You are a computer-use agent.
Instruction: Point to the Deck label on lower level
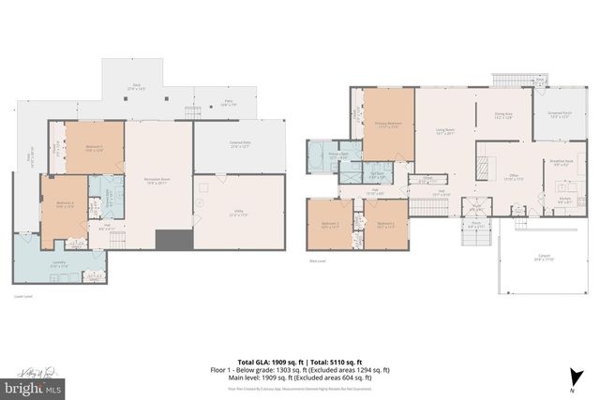(x=136, y=85)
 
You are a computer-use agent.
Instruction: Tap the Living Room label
(x=446, y=132)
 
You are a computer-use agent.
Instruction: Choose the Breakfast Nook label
(x=562, y=163)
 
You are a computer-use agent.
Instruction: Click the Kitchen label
(x=565, y=200)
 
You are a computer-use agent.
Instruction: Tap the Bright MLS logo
(x=33, y=385)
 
